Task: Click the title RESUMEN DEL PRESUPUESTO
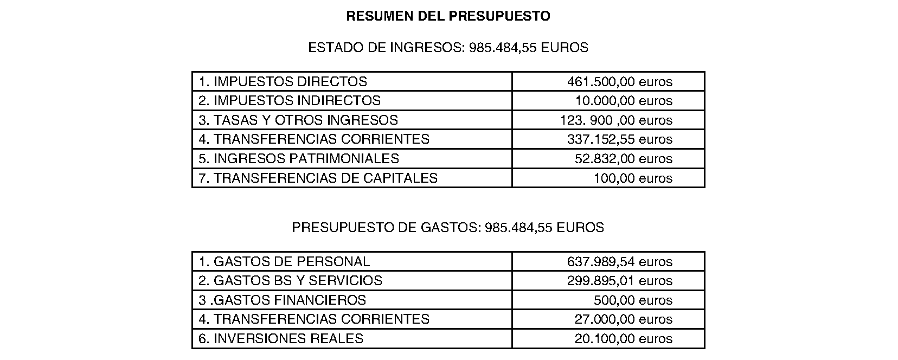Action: [x=448, y=16]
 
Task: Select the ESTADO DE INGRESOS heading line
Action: [x=448, y=48]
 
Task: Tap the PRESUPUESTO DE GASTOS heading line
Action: [x=448, y=228]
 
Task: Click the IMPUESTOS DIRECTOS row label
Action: [x=283, y=82]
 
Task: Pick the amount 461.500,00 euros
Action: [x=619, y=82]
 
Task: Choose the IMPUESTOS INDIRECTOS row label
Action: [x=290, y=101]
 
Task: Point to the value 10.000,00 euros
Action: [x=624, y=101]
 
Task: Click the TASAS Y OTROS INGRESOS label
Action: [x=298, y=120]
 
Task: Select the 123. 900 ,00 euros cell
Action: [x=616, y=120]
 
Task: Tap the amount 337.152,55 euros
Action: [x=619, y=139]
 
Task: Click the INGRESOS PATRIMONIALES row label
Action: [x=299, y=159]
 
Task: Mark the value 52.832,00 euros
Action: [x=623, y=159]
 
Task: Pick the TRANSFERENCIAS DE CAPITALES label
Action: [x=318, y=178]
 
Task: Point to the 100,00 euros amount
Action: [x=633, y=178]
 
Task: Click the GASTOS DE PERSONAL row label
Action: [x=284, y=262]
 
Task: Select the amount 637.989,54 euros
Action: [x=619, y=262]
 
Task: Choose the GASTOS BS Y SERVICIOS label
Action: [x=290, y=281]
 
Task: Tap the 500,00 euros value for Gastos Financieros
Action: [x=633, y=300]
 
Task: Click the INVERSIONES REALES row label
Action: [x=281, y=339]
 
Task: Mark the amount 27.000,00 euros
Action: [x=623, y=319]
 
